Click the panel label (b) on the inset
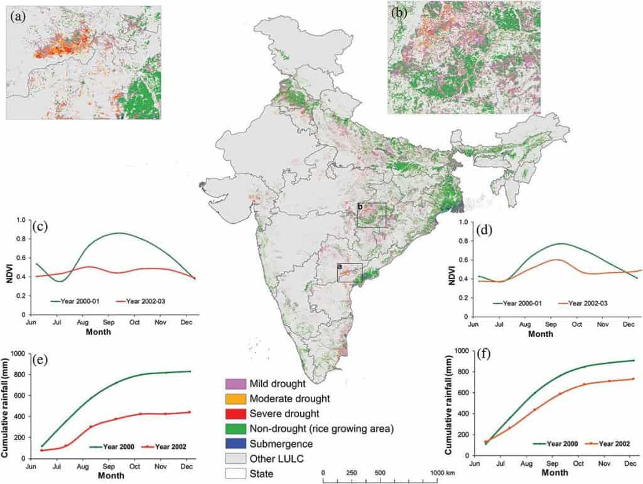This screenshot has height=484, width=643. click(400, 11)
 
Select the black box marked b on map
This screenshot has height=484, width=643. click(371, 215)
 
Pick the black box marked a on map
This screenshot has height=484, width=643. click(350, 272)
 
